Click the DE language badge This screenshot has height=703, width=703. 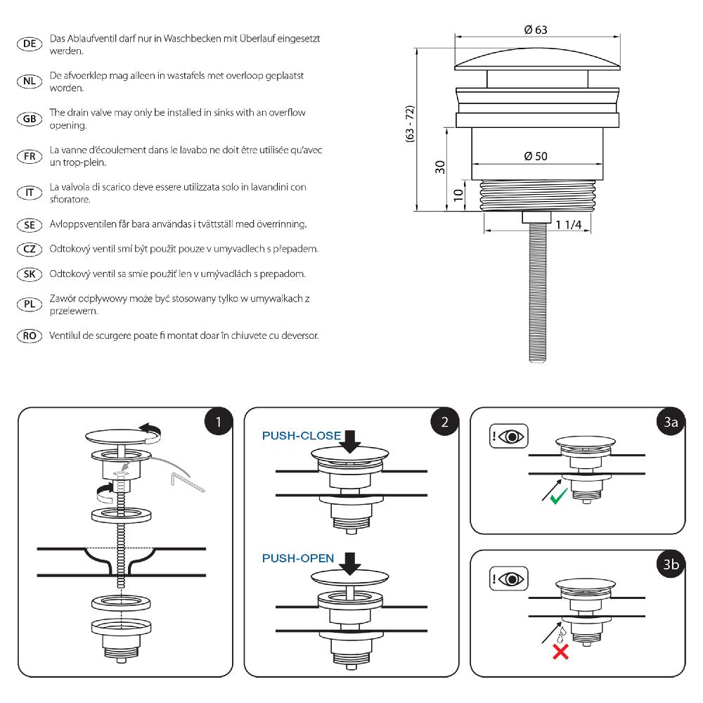click(x=30, y=44)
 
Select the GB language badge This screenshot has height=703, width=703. click(x=30, y=119)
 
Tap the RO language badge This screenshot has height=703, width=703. click(x=30, y=336)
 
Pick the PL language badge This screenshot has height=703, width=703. click(x=30, y=304)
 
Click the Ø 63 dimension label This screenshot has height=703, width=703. click(x=536, y=30)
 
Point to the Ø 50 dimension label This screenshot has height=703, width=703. click(x=536, y=156)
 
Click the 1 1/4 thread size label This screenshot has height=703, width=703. click(x=568, y=224)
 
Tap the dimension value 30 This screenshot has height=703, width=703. click(x=440, y=167)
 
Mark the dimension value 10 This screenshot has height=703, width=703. click(x=458, y=195)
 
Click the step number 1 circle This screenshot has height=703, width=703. click(x=219, y=422)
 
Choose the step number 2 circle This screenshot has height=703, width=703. click(x=445, y=422)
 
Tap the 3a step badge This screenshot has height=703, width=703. click(x=671, y=422)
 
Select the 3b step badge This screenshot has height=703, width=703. click(x=671, y=565)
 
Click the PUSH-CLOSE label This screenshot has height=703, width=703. click(x=301, y=436)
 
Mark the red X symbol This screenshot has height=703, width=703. click(x=560, y=652)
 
